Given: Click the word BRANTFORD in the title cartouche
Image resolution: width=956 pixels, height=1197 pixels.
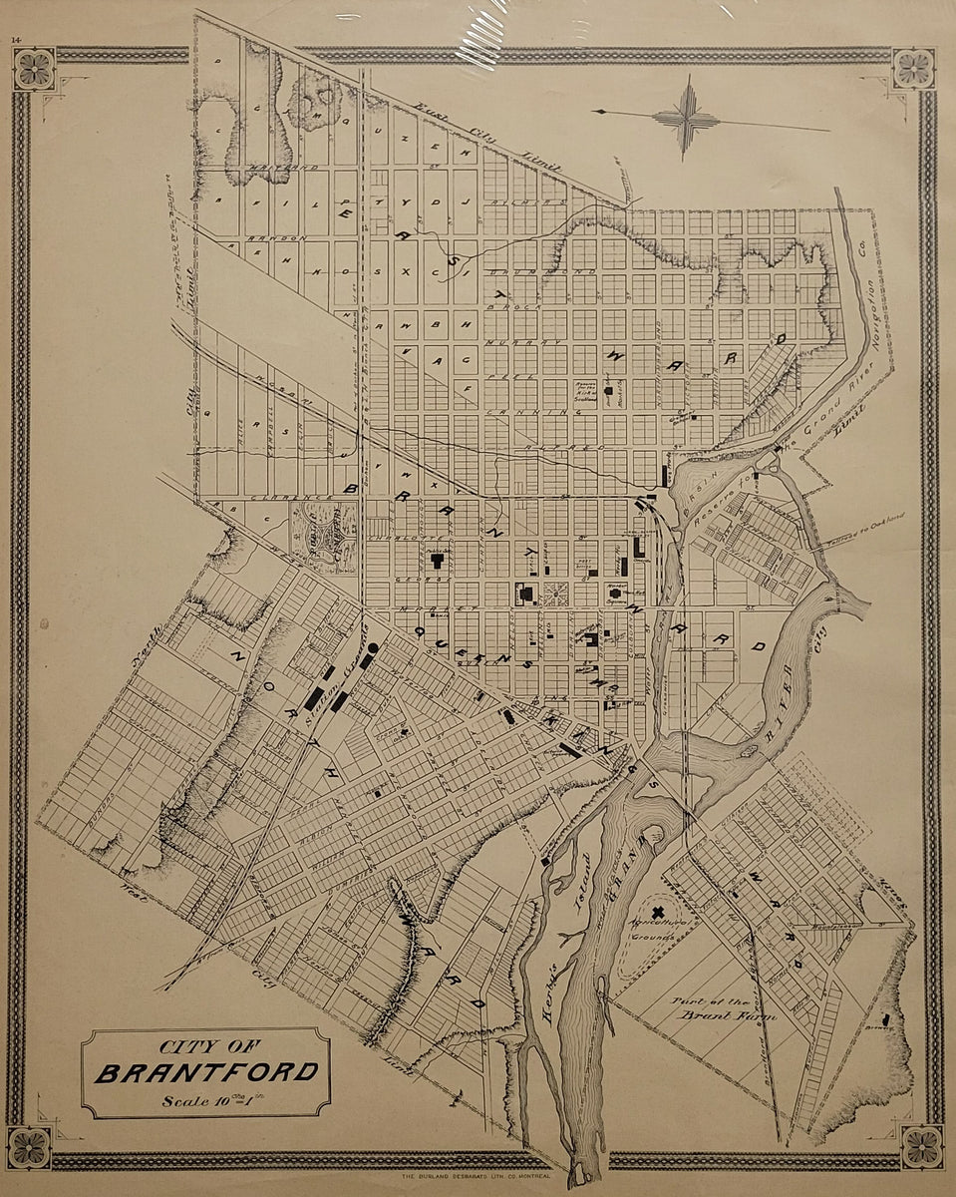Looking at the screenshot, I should [x=207, y=1074].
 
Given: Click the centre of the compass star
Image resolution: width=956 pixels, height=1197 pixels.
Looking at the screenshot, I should [x=686, y=118].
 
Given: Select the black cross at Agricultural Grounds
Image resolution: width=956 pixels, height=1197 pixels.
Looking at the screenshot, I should [x=656, y=911].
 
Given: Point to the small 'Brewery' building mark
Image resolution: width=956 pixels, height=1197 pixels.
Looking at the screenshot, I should [x=886, y=1018].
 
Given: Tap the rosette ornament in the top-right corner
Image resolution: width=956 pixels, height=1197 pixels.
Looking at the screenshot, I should [x=913, y=69].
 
